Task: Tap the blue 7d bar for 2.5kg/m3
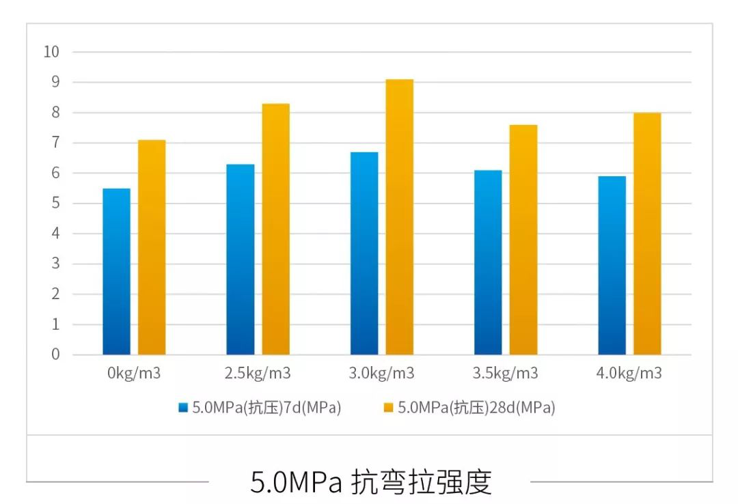[x=241, y=260]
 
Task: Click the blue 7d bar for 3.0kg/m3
[x=364, y=253]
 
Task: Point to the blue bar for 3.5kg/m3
[x=488, y=262]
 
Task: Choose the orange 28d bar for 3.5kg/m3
[x=523, y=240]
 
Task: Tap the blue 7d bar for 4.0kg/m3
[x=612, y=266]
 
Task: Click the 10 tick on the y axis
[x=51, y=52]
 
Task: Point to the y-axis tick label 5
[x=55, y=204]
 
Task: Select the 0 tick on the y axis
[x=55, y=355]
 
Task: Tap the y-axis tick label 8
[x=55, y=113]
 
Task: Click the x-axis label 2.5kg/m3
[x=258, y=374]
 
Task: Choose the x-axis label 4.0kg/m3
[x=629, y=374]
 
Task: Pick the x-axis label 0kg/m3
[x=134, y=374]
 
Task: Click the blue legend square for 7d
[x=182, y=408]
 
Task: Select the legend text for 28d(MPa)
[x=476, y=408]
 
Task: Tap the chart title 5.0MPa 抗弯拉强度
[x=370, y=481]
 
